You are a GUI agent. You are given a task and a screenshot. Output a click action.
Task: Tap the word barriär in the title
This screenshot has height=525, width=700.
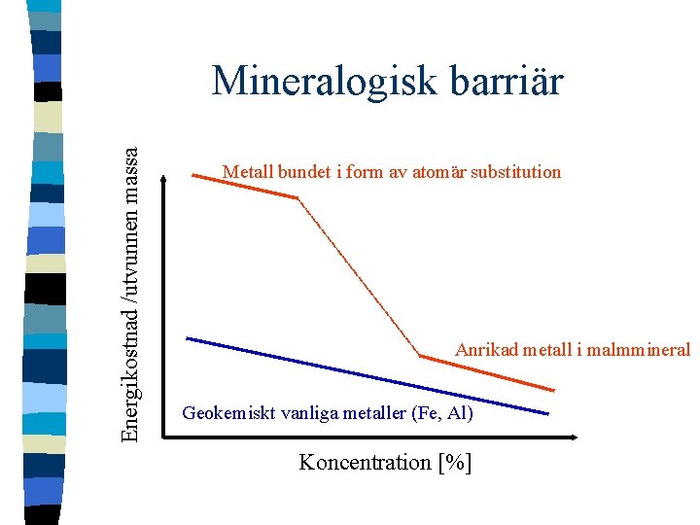[x=508, y=81]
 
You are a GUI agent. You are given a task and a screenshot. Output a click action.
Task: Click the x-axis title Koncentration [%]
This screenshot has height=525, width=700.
[x=385, y=462]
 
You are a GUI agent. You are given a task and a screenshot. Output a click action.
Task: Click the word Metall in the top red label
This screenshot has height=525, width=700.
[x=246, y=172]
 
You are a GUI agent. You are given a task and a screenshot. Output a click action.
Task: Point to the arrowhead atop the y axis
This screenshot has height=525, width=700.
[x=164, y=178]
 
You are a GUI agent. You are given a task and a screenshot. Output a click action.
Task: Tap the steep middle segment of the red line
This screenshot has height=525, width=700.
[x=358, y=277]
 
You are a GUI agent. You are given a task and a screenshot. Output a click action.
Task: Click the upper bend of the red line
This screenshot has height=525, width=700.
[x=296, y=197]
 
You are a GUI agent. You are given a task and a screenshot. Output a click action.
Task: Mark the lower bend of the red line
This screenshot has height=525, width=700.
[x=420, y=356]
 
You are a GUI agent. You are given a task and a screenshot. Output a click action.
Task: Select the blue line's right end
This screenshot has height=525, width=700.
[x=547, y=414]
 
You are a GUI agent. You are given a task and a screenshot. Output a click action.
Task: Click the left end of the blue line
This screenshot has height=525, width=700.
[x=188, y=338]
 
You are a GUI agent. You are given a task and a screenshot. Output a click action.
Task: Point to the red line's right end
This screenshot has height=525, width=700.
[x=555, y=391]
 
